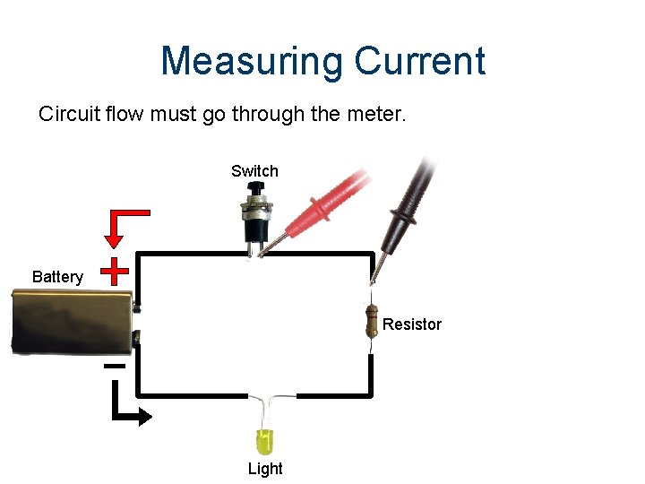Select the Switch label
(x=254, y=171)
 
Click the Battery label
(x=57, y=277)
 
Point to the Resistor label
(x=412, y=324)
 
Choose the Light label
(x=265, y=469)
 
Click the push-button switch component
(x=254, y=215)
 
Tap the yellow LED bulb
(x=266, y=439)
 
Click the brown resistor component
(x=371, y=321)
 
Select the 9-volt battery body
(x=72, y=321)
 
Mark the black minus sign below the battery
(x=115, y=366)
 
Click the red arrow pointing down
(x=115, y=229)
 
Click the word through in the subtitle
(x=270, y=115)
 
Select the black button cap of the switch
(x=255, y=189)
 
